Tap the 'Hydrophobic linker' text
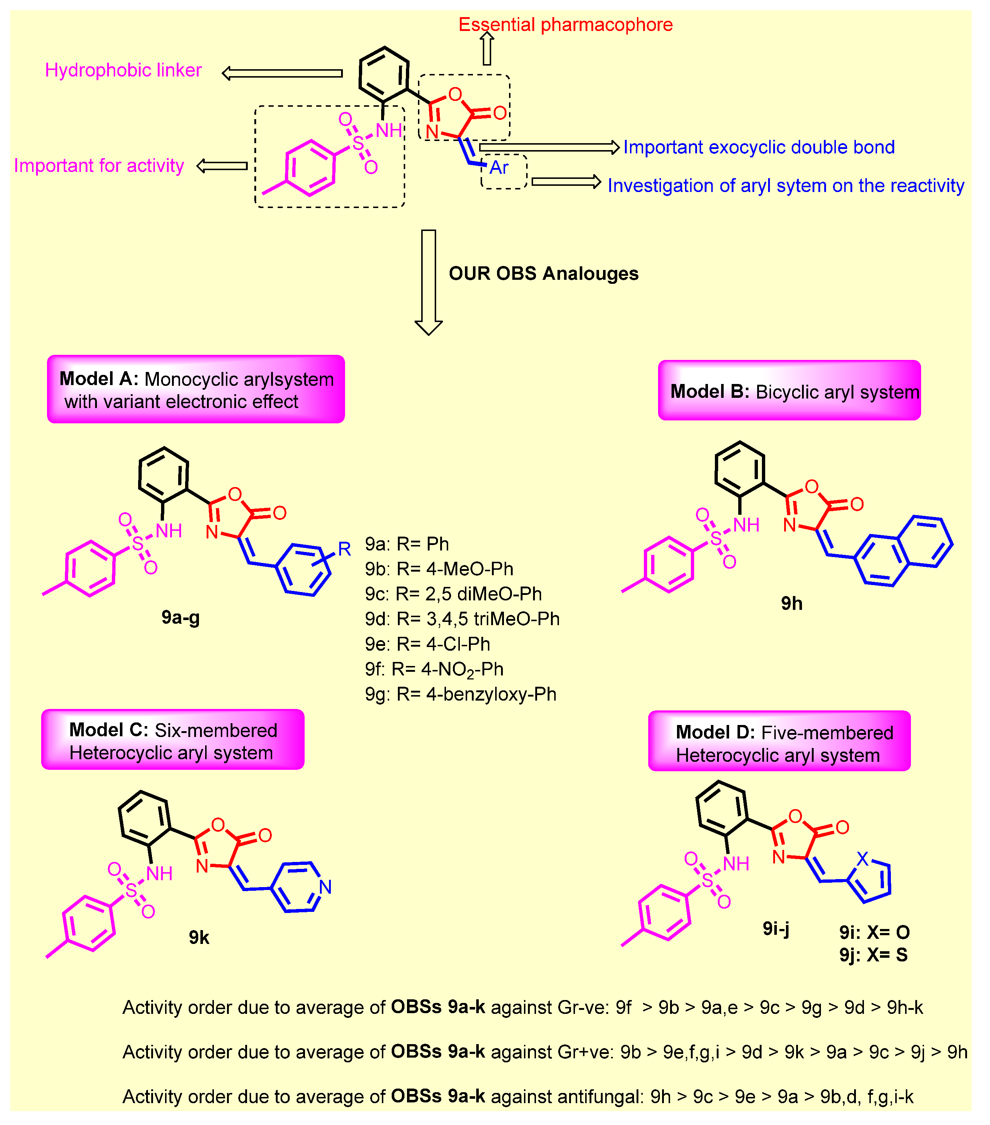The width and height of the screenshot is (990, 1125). coord(123,70)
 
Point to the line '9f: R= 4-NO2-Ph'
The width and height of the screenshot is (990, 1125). coord(434,669)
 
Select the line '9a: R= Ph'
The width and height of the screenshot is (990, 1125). coord(407,544)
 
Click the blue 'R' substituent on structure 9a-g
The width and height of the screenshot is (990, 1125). coord(344,549)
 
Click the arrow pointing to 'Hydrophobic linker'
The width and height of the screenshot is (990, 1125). coord(282,73)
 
